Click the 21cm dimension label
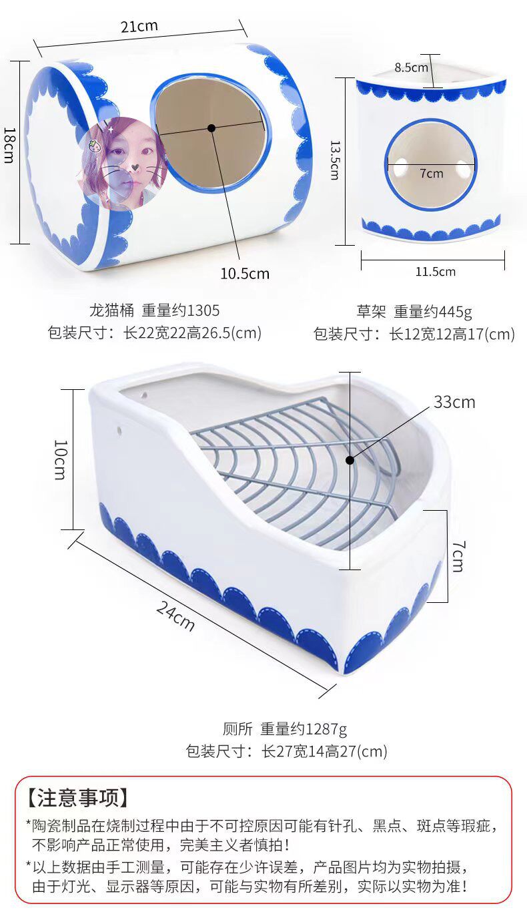click(x=139, y=27)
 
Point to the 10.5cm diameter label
click(x=245, y=273)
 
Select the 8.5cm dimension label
click(x=411, y=67)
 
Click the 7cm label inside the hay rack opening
click(x=431, y=174)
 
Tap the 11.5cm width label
click(x=435, y=272)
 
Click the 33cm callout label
click(x=454, y=402)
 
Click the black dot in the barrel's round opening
click(x=211, y=127)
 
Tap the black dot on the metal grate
click(x=349, y=460)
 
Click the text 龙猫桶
click(x=111, y=310)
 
